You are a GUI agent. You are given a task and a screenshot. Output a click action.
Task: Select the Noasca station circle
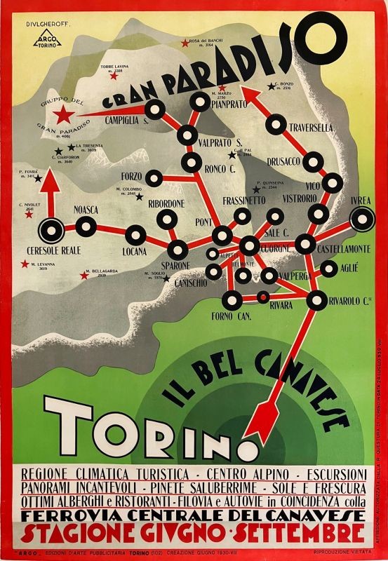coord(86,226)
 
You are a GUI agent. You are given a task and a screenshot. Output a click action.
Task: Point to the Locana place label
coord(135,250)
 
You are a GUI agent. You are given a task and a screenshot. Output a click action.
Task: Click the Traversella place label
coord(309,128)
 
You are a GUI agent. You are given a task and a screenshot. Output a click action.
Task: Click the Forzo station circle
coord(153,178)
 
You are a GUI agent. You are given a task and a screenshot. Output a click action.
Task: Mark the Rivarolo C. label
coord(352,302)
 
